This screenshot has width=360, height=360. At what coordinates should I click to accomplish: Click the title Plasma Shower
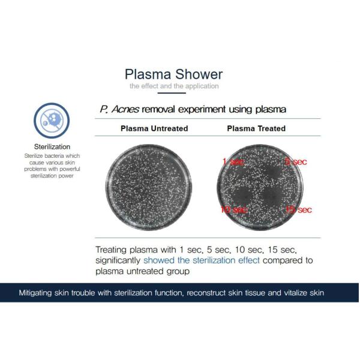[x=173, y=74]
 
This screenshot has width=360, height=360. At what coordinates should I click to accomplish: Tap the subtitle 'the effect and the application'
[x=174, y=86]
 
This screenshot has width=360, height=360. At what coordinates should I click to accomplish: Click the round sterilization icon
[x=52, y=118]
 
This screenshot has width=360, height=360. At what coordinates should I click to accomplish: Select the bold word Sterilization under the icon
[x=52, y=146]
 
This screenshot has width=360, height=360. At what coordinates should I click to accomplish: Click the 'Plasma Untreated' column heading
[x=154, y=128]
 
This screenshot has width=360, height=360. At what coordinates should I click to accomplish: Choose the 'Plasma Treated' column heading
[x=256, y=128]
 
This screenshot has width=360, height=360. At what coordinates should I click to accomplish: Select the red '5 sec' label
[x=296, y=161]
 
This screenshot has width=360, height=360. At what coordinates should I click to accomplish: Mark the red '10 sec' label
[x=233, y=209]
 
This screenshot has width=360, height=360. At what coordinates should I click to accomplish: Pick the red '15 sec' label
[x=298, y=209]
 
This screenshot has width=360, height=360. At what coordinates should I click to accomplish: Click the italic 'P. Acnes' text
[x=119, y=109]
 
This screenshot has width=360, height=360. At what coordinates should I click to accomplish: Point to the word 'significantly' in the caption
[x=118, y=260]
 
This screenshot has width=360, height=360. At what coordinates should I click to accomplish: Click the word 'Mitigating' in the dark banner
[x=37, y=293]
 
